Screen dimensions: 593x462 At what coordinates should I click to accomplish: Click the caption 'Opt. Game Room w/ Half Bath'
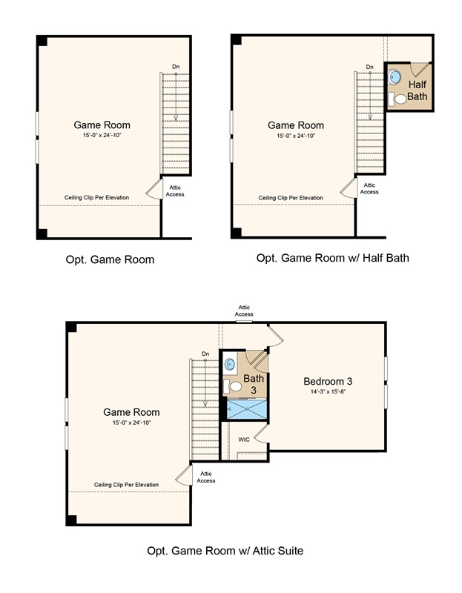pos(332,258)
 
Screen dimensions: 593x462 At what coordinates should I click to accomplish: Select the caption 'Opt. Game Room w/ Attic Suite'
pos(225,551)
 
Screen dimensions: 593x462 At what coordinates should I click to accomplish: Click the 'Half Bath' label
pos(417,90)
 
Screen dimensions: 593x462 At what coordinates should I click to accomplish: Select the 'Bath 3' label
pos(254,384)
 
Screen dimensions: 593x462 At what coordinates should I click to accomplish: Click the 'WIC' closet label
pos(243,439)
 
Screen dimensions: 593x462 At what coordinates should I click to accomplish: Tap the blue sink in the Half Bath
pos(395,76)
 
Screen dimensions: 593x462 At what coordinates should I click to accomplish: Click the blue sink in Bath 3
pos(231,364)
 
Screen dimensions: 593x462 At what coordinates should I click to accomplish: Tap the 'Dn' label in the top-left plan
pos(176,67)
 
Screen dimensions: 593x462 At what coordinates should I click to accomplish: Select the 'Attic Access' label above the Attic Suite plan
pos(244,310)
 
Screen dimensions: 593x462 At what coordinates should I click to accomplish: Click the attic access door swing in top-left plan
pos(154,189)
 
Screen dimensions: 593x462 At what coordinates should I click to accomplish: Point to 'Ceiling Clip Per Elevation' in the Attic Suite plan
pos(126,484)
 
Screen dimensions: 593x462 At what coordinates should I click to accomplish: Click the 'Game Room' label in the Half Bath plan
pos(295,125)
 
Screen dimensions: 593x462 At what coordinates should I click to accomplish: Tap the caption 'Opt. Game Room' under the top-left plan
pos(109,259)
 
